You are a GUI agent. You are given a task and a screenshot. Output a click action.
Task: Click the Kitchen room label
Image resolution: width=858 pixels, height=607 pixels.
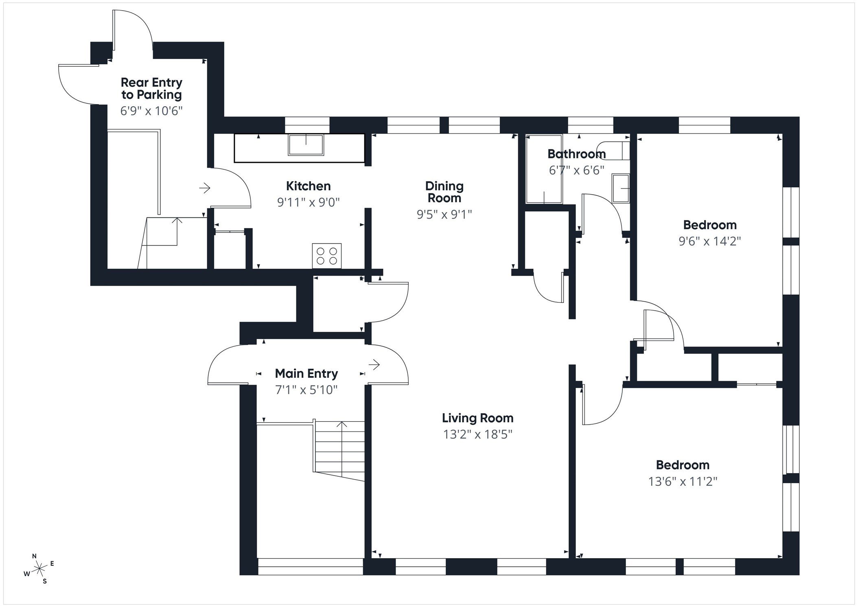click(308, 186)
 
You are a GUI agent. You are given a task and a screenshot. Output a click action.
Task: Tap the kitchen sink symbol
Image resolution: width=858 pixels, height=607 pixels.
click(306, 145)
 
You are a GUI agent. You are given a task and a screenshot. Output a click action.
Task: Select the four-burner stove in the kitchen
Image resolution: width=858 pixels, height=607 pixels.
click(326, 256)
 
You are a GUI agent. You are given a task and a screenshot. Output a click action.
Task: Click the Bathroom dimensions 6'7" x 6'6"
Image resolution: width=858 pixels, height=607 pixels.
click(576, 170)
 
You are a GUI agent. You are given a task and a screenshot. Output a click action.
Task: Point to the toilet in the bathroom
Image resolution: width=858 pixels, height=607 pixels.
click(613, 150)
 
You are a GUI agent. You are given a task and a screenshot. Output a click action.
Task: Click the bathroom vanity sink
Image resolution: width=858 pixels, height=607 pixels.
click(621, 188)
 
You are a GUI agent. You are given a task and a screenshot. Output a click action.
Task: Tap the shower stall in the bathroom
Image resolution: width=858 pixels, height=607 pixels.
click(544, 169)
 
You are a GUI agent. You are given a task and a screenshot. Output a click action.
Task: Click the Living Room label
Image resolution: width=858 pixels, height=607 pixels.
click(477, 418)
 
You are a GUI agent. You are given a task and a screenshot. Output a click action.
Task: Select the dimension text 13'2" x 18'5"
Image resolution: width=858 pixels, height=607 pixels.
click(477, 434)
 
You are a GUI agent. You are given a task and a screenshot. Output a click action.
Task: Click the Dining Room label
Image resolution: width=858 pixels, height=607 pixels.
click(444, 192)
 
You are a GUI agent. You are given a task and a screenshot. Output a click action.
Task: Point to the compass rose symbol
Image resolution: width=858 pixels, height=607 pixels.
click(39, 568)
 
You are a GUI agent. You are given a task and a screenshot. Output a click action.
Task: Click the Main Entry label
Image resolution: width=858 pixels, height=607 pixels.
click(306, 373)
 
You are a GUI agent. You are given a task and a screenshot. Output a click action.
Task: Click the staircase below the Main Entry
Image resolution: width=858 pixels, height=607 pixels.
click(340, 450)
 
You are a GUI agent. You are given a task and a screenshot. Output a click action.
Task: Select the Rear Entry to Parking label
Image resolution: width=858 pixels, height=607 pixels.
click(151, 88)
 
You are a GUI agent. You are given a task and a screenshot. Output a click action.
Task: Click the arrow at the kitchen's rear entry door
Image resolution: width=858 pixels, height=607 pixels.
click(204, 188)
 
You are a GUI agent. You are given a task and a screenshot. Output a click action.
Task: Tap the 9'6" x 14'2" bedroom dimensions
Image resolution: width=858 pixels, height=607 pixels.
click(709, 241)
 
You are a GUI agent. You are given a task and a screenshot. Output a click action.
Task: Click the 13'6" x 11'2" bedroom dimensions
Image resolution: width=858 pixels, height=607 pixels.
click(683, 482)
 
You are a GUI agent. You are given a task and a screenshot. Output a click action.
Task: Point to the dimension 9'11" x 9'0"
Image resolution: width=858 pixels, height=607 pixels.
click(308, 202)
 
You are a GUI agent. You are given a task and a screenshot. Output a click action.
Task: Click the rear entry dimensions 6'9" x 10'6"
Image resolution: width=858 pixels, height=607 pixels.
click(151, 111)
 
